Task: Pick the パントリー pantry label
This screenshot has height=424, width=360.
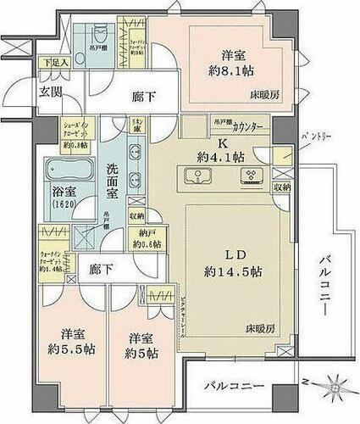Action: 313,135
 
